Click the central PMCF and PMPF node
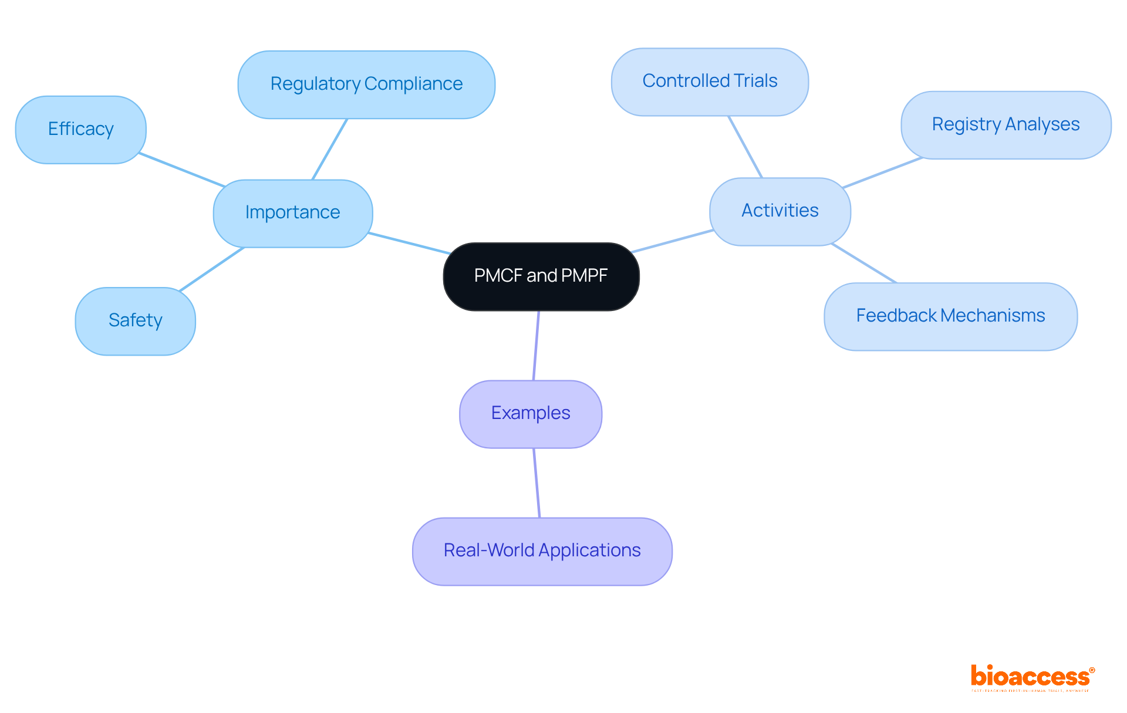(541, 276)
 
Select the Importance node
(292, 212)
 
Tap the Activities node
(780, 211)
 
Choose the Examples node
(531, 414)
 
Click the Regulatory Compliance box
(366, 84)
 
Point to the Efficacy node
(80, 129)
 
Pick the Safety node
(135, 320)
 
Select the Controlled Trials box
(710, 81)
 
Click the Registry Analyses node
(1005, 124)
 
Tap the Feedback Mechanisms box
(950, 316)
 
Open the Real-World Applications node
(542, 551)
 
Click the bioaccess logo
(1032, 677)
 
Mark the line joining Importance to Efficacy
(182, 170)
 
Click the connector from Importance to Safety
(211, 269)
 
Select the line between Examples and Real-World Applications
(536, 482)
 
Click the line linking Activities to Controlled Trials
(745, 147)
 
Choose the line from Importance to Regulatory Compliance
(330, 149)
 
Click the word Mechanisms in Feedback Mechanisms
(993, 316)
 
